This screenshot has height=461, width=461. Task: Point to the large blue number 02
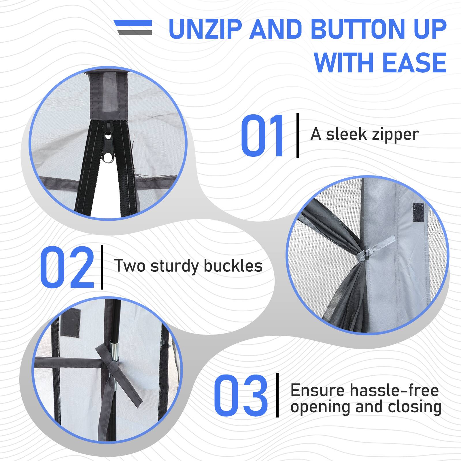67,267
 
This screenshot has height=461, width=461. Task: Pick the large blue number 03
241,395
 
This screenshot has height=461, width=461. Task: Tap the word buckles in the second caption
233,266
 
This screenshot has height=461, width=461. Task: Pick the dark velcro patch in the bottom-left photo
71,322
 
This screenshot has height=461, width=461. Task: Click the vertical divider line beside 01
298,135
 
